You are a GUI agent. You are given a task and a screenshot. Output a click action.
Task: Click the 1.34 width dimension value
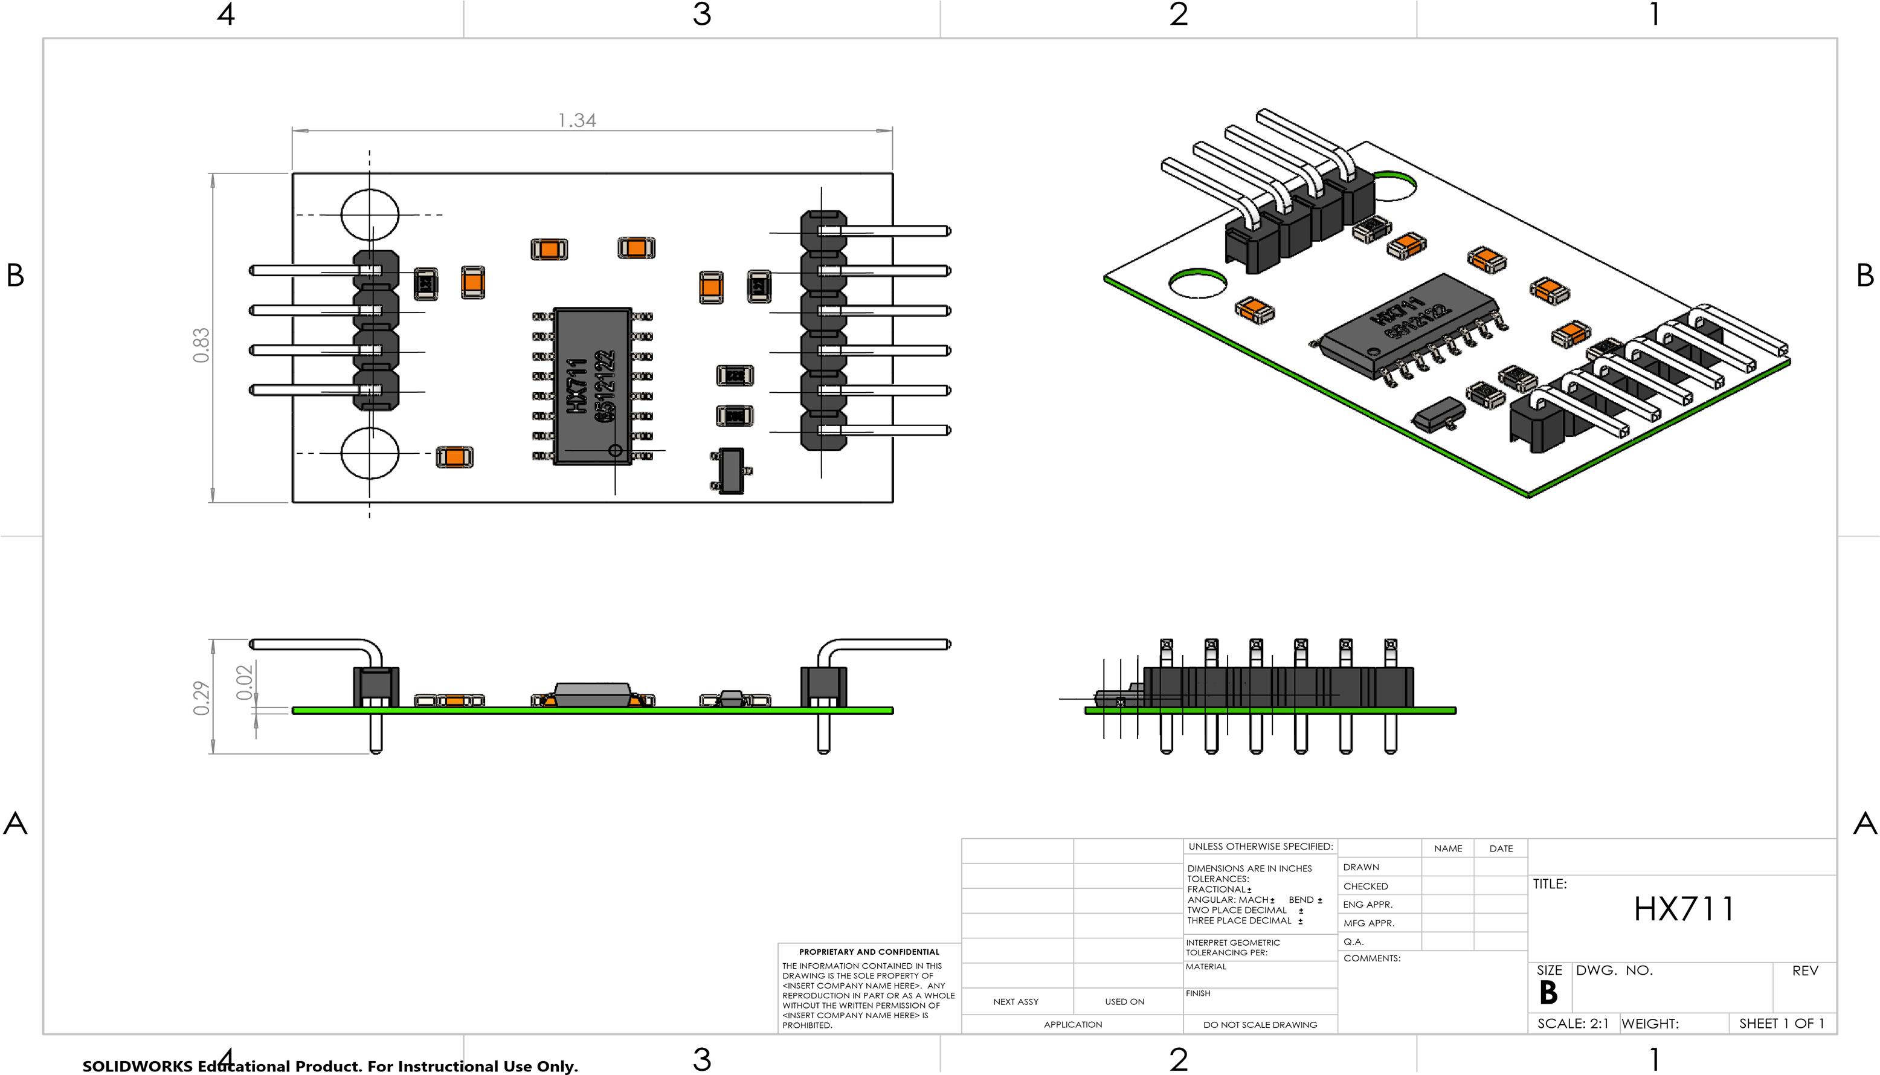point(576,120)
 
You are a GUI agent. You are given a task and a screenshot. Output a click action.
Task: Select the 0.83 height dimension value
point(201,345)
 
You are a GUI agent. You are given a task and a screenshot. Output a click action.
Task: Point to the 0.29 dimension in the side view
point(201,698)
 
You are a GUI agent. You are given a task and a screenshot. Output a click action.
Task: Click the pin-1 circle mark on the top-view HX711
point(615,450)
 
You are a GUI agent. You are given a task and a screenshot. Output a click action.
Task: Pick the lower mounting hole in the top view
point(370,453)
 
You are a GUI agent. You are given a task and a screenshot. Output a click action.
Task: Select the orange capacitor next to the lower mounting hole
point(455,457)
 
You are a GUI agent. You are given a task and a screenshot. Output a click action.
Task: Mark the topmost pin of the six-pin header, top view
point(886,231)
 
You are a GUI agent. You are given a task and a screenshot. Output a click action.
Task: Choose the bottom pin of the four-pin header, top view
point(303,390)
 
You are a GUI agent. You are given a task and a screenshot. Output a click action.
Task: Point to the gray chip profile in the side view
point(592,692)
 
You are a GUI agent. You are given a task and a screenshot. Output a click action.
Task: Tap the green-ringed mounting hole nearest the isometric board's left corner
point(1198,283)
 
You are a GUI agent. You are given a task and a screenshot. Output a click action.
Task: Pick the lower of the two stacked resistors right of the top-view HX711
point(735,416)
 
